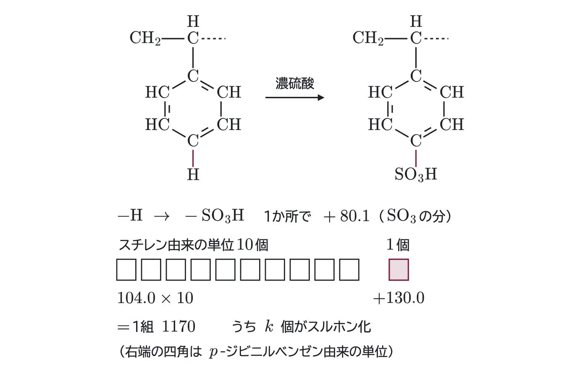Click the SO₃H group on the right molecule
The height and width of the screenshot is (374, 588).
tap(416, 174)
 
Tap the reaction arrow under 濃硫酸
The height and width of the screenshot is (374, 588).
tap(295, 98)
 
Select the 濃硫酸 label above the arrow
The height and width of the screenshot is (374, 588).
tap(295, 83)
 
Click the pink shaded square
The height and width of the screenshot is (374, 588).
tap(399, 270)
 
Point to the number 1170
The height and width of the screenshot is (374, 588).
tap(178, 326)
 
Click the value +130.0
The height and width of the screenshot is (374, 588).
tap(399, 298)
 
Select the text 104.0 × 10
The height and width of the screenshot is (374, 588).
tap(155, 298)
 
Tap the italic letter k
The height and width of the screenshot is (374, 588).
tap(269, 326)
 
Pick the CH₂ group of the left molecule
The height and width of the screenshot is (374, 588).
tap(145, 38)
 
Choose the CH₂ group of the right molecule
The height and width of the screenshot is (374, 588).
tap(368, 38)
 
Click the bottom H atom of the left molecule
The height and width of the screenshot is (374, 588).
tap(193, 174)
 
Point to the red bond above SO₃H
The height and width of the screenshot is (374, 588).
tap(416, 158)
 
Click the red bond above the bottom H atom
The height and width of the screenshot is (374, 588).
tap(193, 158)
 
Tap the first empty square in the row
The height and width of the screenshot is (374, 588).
tap(126, 270)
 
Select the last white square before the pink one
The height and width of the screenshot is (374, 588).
tap(349, 270)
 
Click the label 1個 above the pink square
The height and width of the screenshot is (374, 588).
tap(398, 245)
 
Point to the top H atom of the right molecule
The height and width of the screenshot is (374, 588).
tap(416, 21)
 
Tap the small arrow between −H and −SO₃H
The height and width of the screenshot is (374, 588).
tap(162, 216)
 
